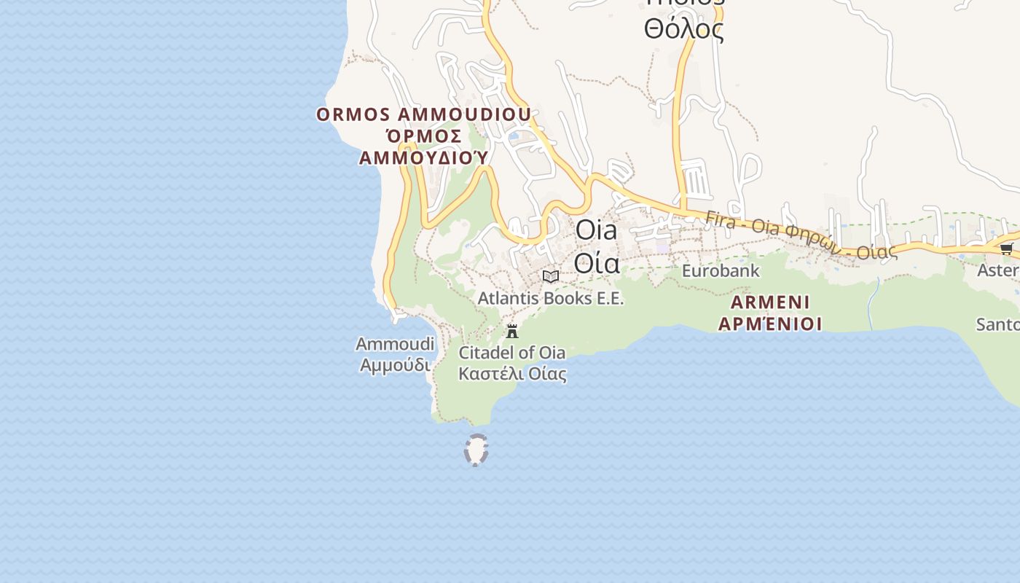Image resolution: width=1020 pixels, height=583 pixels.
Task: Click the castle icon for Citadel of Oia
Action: (x=512, y=331)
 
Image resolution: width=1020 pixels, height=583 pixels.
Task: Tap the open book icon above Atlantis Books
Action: (x=551, y=276)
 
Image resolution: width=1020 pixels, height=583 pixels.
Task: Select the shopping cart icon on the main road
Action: (x=1006, y=249)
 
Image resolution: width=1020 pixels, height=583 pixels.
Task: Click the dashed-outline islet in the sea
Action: (x=476, y=450)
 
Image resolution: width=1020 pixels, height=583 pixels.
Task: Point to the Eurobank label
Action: (x=721, y=271)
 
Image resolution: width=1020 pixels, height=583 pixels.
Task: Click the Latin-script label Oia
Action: (x=596, y=230)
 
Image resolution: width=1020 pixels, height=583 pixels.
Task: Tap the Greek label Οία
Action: (x=597, y=262)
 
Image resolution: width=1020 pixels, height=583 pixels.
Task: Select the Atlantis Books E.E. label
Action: (x=551, y=298)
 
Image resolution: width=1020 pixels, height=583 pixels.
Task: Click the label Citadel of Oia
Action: (x=511, y=353)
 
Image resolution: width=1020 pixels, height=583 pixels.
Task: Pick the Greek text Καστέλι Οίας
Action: (x=512, y=375)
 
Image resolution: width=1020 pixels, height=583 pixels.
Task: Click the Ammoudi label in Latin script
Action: (x=395, y=343)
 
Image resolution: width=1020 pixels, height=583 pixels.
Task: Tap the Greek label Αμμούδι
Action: (x=395, y=364)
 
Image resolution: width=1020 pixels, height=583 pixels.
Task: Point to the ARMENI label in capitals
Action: (x=770, y=302)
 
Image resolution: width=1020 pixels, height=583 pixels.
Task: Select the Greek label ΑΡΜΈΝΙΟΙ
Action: (x=770, y=324)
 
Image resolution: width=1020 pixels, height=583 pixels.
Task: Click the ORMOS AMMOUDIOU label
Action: (x=423, y=115)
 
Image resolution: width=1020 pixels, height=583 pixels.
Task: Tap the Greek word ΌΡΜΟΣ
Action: (x=423, y=136)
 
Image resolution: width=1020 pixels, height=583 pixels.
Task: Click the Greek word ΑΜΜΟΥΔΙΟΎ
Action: (x=423, y=158)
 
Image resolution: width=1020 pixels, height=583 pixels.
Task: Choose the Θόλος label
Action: (x=683, y=30)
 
